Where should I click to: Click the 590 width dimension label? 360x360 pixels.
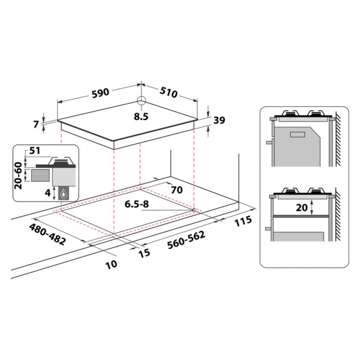pyautogui.click(x=101, y=93)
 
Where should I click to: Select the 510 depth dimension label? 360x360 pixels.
pyautogui.click(x=169, y=92)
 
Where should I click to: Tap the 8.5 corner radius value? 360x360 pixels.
pyautogui.click(x=141, y=116)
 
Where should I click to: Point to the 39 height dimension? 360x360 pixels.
pyautogui.click(x=219, y=120)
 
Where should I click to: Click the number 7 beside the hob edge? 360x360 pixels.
pyautogui.click(x=36, y=124)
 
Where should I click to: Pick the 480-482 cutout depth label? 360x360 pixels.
pyautogui.click(x=47, y=234)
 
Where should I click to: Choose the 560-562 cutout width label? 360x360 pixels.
pyautogui.click(x=186, y=240)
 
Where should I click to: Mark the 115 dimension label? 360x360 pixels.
pyautogui.click(x=243, y=221)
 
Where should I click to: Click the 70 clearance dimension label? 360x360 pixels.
pyautogui.click(x=177, y=190)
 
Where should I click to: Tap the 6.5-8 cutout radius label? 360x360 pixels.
pyautogui.click(x=137, y=204)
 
